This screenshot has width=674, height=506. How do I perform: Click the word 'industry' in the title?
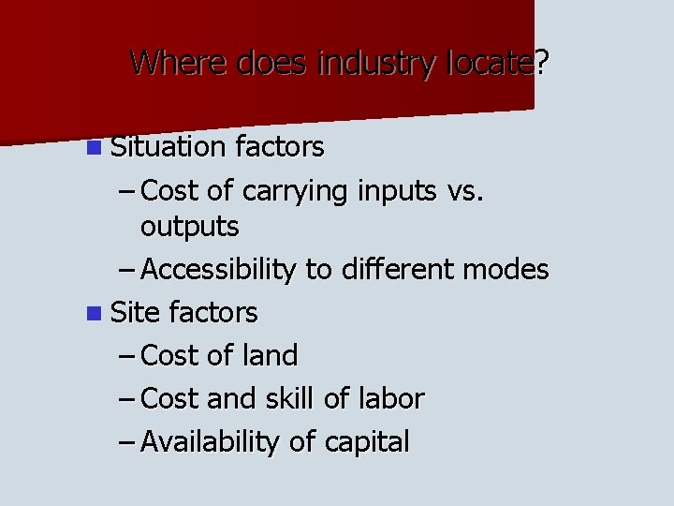pos(378,63)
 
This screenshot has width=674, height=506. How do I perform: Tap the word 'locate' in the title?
pos(490,63)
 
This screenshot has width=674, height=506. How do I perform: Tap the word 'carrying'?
pos(294,191)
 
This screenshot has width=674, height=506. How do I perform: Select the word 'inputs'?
pos(397,191)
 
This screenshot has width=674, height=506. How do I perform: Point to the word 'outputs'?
pos(189,227)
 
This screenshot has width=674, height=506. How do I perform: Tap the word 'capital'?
pos(368,442)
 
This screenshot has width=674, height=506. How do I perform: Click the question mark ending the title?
pos(542,63)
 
